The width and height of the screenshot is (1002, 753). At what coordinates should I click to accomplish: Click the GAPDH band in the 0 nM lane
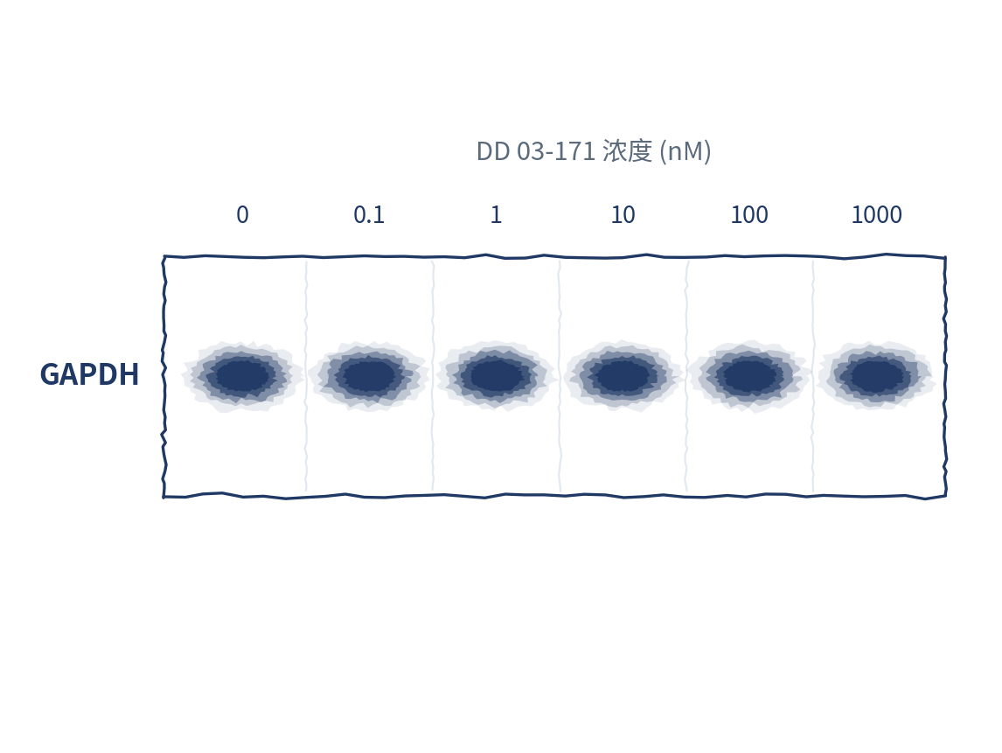(242, 375)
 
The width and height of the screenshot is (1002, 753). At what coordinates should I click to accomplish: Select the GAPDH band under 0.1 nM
(369, 375)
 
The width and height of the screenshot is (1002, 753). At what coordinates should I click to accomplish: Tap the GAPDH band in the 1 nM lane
(496, 375)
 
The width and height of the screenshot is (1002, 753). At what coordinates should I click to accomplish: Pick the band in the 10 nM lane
(623, 376)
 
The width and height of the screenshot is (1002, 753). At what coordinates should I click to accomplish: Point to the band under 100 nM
(749, 376)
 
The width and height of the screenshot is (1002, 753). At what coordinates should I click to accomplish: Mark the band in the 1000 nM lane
(877, 375)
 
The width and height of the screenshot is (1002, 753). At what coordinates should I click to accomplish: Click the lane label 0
(242, 215)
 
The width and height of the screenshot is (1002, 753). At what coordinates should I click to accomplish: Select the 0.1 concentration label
(369, 215)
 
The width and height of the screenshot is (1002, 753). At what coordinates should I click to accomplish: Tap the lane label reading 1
(496, 215)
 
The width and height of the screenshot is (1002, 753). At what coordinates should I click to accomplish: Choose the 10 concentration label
(623, 215)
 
